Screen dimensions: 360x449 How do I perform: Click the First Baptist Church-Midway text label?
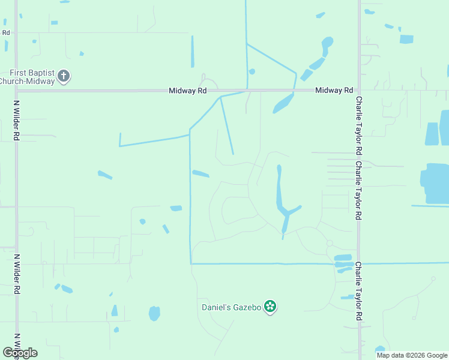[x=27, y=76]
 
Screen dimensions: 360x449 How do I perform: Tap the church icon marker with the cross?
[x=64, y=76]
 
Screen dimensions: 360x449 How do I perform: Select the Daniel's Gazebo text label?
[x=231, y=307]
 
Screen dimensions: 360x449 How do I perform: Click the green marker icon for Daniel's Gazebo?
[x=271, y=307]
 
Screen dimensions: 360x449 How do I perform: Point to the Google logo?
[x=20, y=353]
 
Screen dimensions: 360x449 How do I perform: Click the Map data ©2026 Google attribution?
[x=412, y=355]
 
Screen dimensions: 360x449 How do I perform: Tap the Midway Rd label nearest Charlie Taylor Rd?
[x=334, y=90]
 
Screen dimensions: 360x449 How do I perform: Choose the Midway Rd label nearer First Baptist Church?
[x=188, y=91]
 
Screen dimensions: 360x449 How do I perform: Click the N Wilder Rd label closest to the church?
[x=17, y=120]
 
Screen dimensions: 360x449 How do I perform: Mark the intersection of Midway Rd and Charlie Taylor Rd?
[x=359, y=91]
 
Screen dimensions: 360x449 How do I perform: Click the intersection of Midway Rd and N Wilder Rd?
[x=17, y=91]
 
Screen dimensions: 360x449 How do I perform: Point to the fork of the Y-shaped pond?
[x=287, y=213]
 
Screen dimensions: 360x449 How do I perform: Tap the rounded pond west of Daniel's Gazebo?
[x=154, y=313]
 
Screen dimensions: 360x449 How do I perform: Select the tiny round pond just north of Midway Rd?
[x=252, y=72]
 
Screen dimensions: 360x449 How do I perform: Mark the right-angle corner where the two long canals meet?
[x=191, y=263]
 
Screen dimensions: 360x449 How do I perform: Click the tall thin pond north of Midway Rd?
[x=193, y=52]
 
